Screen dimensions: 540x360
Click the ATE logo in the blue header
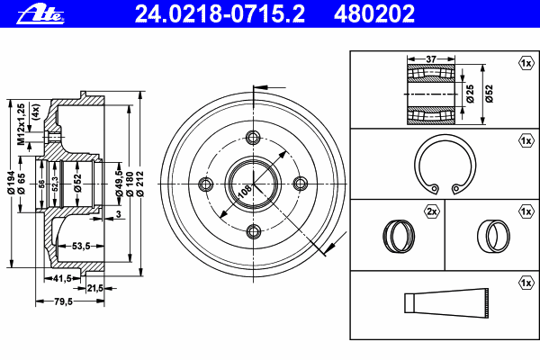point(40,14)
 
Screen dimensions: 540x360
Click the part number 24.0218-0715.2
point(220,13)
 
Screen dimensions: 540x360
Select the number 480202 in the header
point(374,13)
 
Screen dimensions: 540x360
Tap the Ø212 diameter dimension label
point(139,184)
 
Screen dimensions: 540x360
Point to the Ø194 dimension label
point(12,183)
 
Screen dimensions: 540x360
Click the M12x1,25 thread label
point(22,124)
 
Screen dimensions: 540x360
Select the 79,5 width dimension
point(63,301)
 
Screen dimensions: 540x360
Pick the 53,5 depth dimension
point(81,246)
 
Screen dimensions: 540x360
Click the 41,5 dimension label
point(62,278)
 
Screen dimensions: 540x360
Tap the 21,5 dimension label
point(95,288)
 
